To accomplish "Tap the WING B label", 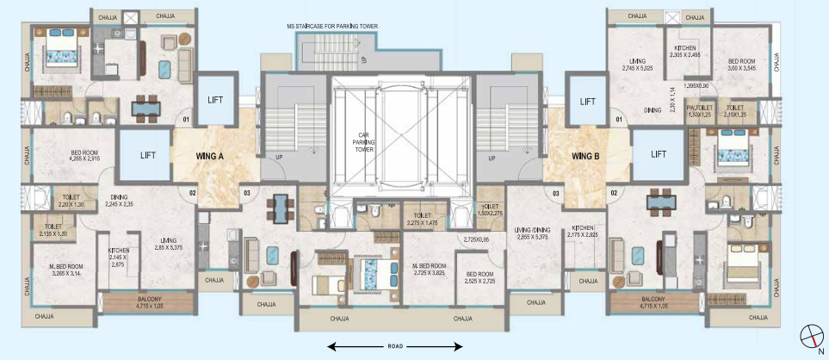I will (x=586, y=157).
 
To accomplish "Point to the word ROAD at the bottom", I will (x=395, y=346).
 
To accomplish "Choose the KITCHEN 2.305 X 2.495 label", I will (x=685, y=51).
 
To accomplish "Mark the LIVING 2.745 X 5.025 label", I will (x=640, y=65).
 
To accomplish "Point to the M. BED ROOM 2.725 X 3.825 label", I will (x=429, y=269).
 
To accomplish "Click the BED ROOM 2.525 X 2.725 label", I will (x=477, y=277).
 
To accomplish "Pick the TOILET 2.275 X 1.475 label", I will (x=422, y=220).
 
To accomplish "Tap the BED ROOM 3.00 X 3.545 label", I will (x=741, y=65).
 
